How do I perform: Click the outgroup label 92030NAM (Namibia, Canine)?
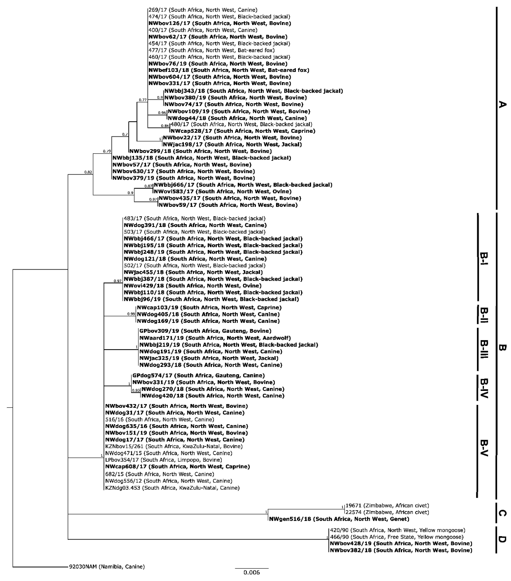[107, 566]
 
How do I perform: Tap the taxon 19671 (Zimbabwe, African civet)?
[387, 505]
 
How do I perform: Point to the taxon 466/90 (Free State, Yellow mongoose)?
[396, 537]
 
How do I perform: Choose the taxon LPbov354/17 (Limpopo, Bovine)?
[164, 460]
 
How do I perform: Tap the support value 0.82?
[88, 172]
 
